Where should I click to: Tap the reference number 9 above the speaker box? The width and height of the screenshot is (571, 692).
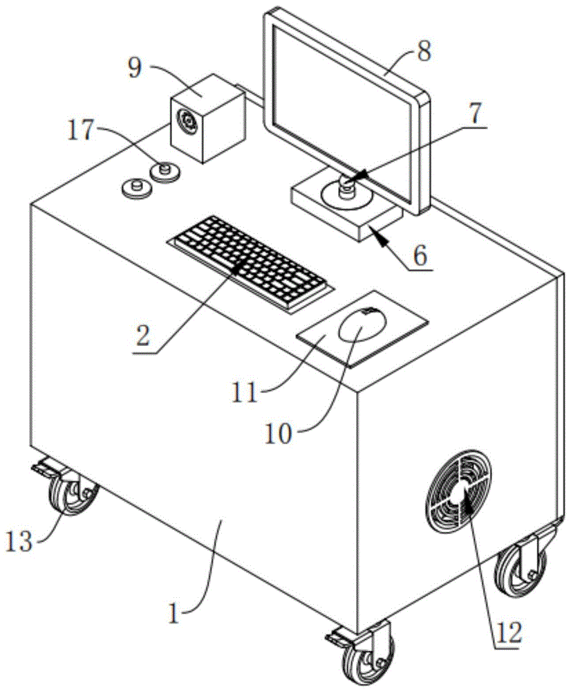pos(135,68)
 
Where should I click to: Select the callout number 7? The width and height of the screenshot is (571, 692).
pos(474,113)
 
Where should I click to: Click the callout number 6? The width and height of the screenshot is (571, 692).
pos(420,255)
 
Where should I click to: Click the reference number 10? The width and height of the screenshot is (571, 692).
pos(278,435)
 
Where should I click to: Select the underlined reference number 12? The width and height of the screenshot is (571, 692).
pos(508,632)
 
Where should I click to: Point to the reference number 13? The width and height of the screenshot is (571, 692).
pos(19,541)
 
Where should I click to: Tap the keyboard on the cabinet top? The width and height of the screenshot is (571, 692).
pos(250,264)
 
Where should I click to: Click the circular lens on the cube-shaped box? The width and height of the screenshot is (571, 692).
pos(187,120)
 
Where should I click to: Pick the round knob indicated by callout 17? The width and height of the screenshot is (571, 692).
pos(165,171)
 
